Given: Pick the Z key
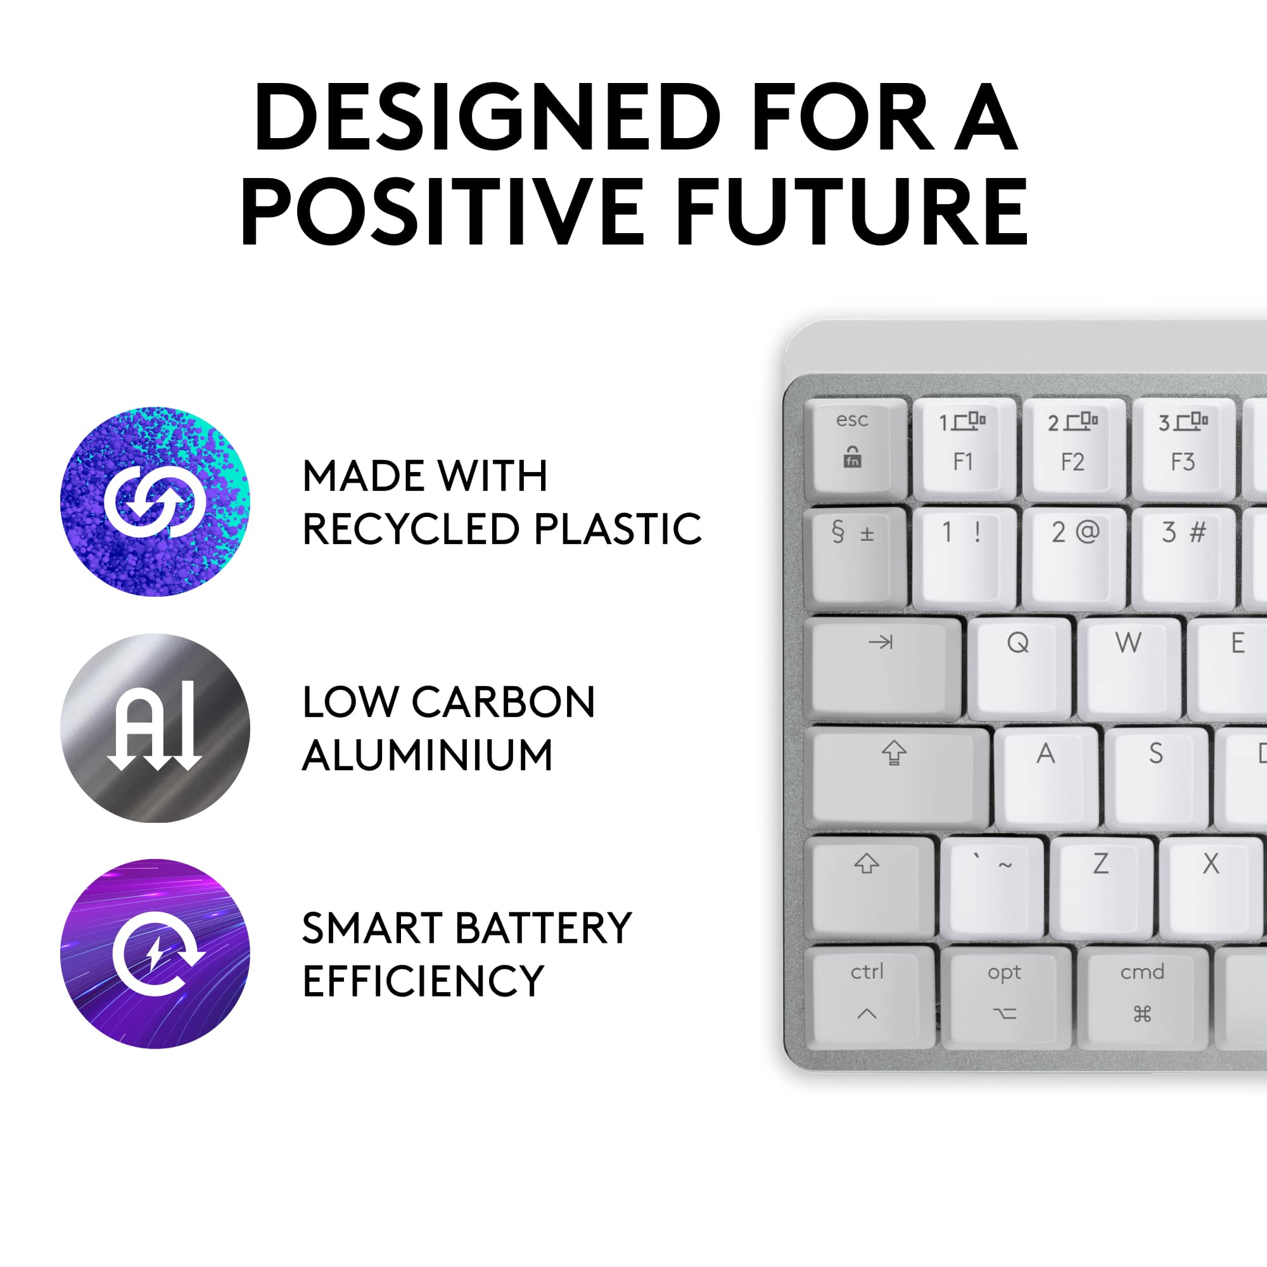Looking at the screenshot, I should tap(1101, 886).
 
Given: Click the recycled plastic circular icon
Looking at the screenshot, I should tap(155, 502).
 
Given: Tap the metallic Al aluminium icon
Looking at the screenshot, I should tap(155, 728).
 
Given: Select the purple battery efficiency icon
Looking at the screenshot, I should tap(155, 954).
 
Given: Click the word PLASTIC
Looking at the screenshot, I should tap(617, 528).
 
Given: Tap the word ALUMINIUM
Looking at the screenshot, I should tap(428, 755).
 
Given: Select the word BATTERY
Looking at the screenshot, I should tap(544, 928).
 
